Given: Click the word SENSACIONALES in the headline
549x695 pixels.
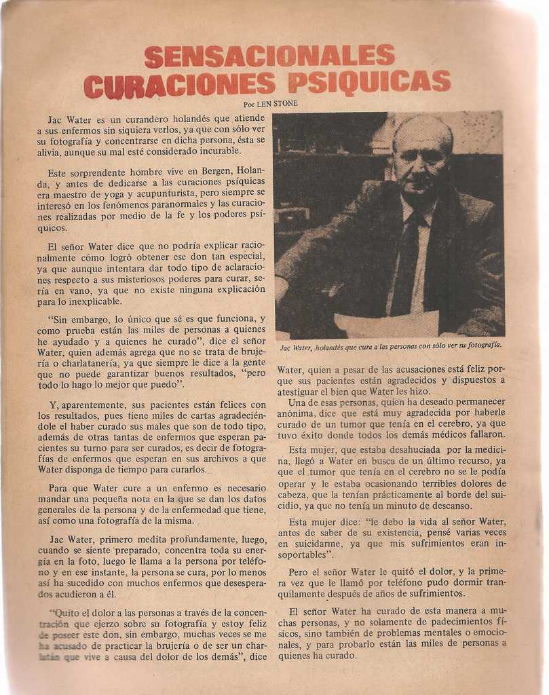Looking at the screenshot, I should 269,56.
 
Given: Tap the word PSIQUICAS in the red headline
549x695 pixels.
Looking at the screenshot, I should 368,82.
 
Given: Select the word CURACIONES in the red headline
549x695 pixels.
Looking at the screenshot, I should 180,86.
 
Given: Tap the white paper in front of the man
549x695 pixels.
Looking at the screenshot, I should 387,324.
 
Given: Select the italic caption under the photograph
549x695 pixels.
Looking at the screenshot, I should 391,346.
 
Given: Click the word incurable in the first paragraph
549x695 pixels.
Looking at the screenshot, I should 217,151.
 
